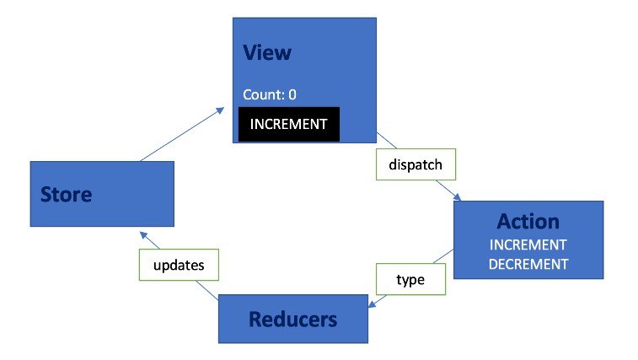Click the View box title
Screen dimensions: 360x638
[266, 52]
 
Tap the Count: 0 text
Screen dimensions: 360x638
[269, 94]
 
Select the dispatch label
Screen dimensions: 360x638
[415, 165]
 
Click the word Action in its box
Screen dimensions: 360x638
[528, 221]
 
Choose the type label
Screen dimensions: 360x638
[410, 278]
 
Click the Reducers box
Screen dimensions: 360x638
[292, 319]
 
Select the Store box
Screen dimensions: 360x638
[101, 194]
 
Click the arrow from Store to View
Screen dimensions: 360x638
[181, 135]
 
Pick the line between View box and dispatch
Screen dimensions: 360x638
[385, 142]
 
